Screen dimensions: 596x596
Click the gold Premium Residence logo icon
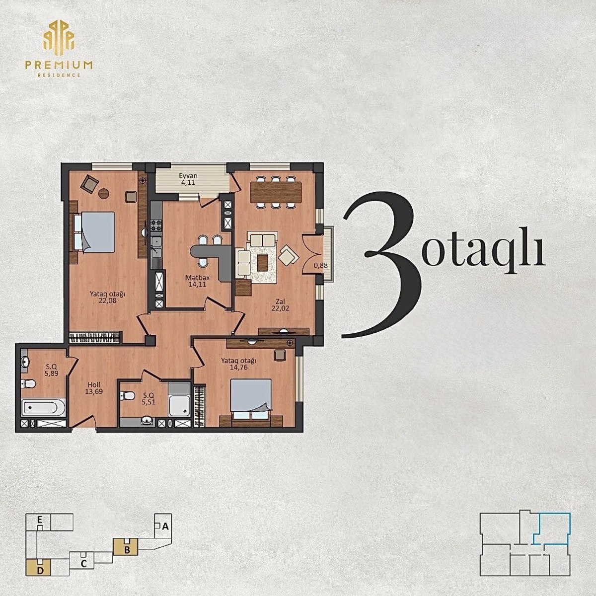[59, 38]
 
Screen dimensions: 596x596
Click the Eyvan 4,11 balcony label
[188, 179]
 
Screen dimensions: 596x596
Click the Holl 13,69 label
[94, 388]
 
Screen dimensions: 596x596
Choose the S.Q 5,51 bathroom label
[149, 399]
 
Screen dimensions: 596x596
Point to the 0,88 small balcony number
[321, 265]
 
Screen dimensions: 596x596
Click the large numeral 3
[381, 265]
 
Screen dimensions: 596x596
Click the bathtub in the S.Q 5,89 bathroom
[43, 407]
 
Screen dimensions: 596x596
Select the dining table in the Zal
[276, 192]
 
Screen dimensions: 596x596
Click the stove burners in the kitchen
[156, 225]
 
